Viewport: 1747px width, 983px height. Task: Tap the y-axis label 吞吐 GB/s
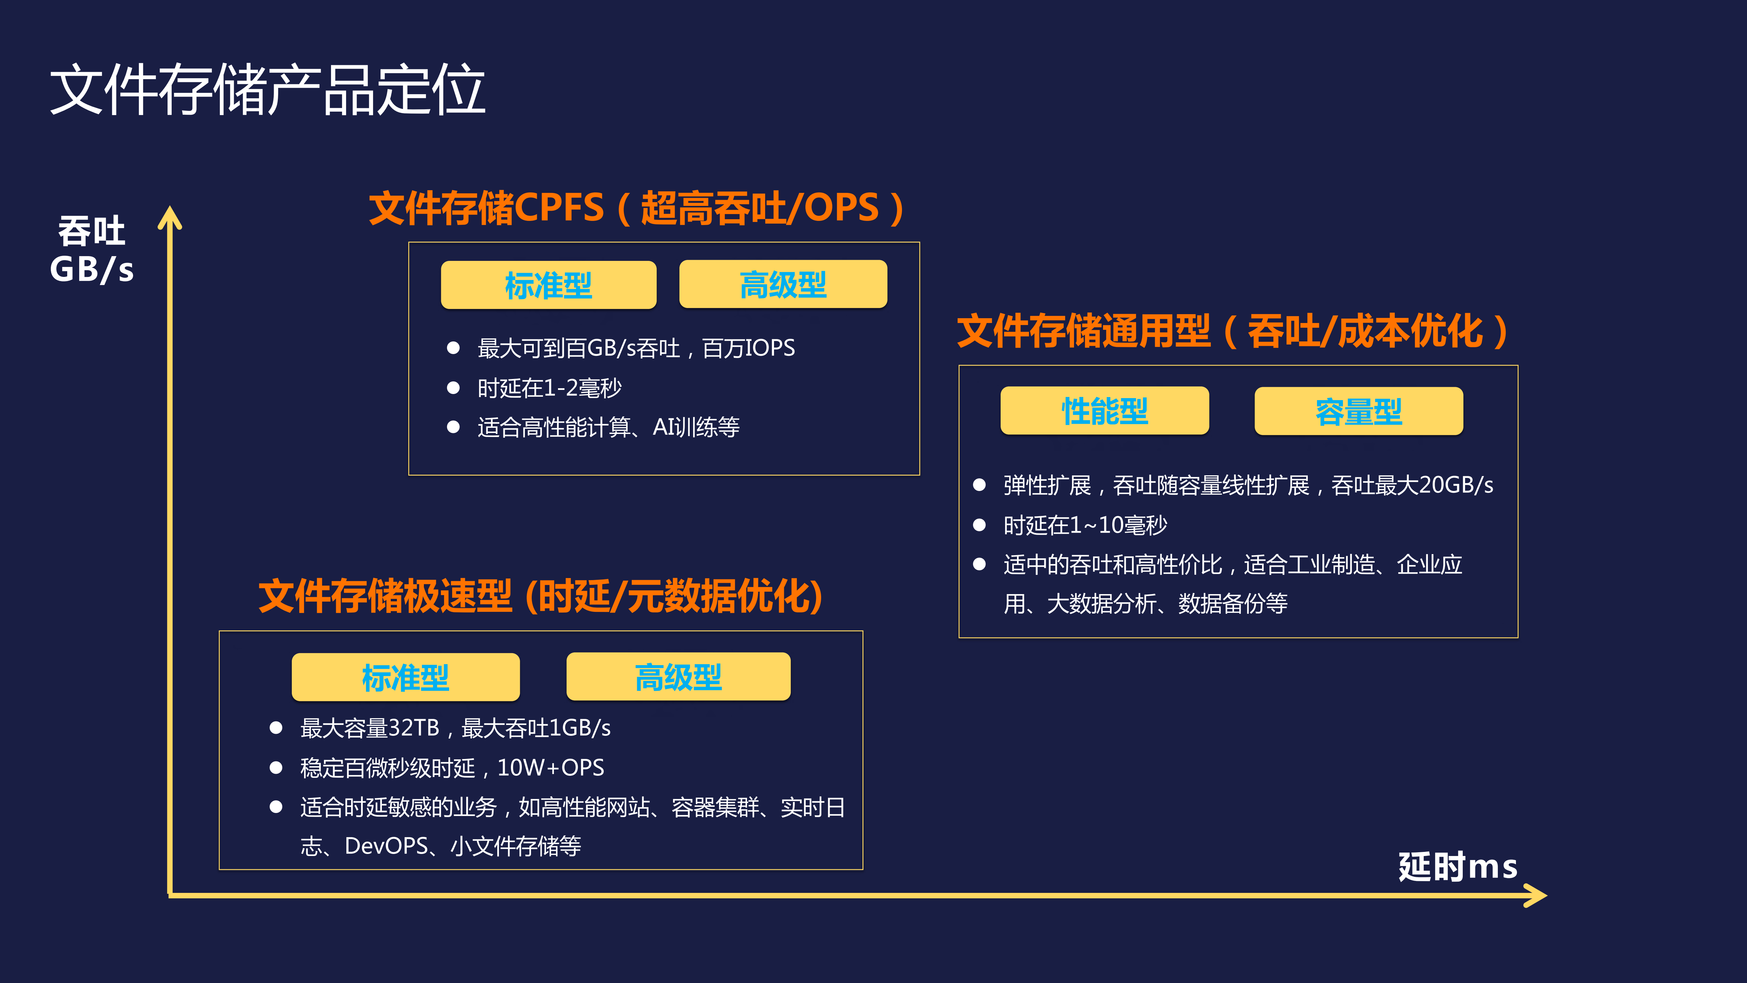point(91,250)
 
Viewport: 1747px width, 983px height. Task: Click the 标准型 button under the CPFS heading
point(548,285)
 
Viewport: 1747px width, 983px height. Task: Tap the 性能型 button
point(1104,410)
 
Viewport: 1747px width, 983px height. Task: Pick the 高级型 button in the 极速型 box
point(678,676)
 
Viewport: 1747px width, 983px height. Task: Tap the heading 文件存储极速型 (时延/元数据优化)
point(541,596)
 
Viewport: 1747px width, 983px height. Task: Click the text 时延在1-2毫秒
point(549,388)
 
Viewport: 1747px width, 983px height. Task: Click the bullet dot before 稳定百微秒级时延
point(276,767)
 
